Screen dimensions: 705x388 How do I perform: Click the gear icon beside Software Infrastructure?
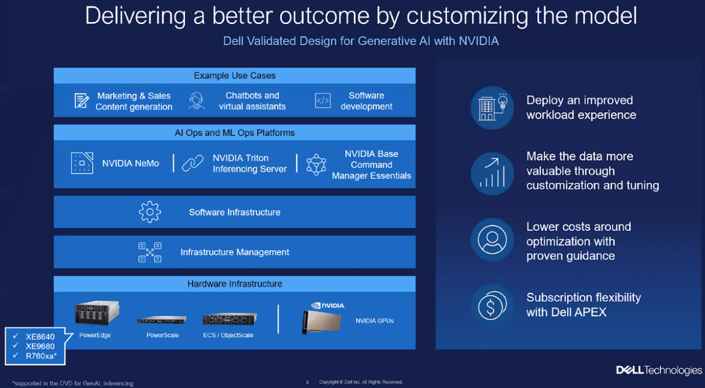(149, 211)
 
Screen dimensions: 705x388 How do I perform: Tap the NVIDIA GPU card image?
(322, 322)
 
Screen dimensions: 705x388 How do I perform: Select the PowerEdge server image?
(97, 313)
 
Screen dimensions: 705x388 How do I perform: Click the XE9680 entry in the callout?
(40, 346)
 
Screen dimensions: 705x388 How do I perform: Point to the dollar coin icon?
(492, 305)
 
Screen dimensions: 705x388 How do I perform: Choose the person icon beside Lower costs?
(492, 240)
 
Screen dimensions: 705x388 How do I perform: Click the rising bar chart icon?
(492, 174)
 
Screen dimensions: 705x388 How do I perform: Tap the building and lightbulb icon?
(492, 108)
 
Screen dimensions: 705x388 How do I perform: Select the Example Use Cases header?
(235, 75)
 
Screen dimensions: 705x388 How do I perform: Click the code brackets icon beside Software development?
(323, 101)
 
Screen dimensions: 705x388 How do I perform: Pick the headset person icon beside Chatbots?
(196, 101)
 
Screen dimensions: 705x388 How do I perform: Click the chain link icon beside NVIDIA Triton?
(192, 163)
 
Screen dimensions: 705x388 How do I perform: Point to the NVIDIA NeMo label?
(130, 163)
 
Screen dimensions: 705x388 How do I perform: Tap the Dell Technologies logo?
(659, 370)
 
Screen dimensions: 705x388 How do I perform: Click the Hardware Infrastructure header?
(235, 284)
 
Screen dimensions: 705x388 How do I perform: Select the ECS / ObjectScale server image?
(230, 319)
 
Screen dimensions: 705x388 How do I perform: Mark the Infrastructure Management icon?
(149, 252)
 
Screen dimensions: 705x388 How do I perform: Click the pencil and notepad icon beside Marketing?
(81, 101)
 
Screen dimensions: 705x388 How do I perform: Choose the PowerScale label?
(162, 335)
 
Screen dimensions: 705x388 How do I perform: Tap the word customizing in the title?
(468, 17)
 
